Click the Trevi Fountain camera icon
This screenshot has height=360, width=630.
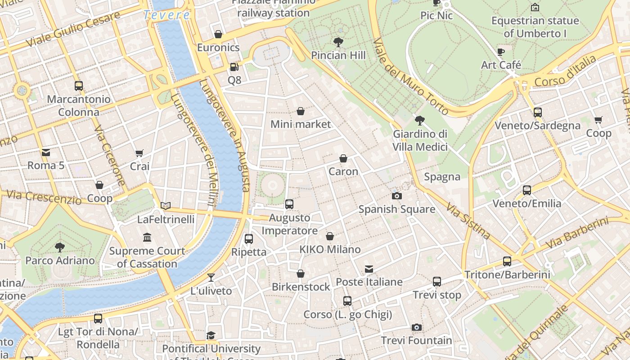(x=417, y=327)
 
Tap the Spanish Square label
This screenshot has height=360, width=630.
(x=396, y=209)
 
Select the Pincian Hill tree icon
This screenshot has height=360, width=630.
(x=338, y=42)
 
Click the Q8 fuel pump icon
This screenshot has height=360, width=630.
(x=234, y=67)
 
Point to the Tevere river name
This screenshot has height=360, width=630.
(x=166, y=15)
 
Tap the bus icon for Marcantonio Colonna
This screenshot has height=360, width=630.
(x=79, y=85)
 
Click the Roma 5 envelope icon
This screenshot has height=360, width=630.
(x=46, y=152)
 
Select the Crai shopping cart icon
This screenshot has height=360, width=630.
(x=139, y=153)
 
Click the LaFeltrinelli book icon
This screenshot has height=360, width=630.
(x=166, y=206)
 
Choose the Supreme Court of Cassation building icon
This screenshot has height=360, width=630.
(x=147, y=237)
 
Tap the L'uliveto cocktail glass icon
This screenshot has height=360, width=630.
(x=211, y=277)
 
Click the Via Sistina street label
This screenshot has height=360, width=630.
(x=468, y=220)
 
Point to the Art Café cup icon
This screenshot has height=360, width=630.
(x=501, y=52)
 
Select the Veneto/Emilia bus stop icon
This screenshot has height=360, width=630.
(x=527, y=190)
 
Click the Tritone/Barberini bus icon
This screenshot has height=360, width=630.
(x=507, y=261)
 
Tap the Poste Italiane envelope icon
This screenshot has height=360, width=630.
(x=369, y=269)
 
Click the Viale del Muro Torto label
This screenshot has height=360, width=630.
(x=410, y=76)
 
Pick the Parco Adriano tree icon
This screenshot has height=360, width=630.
(x=59, y=247)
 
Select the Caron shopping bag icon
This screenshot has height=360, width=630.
(x=343, y=158)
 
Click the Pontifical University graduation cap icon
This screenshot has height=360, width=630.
(x=211, y=335)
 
